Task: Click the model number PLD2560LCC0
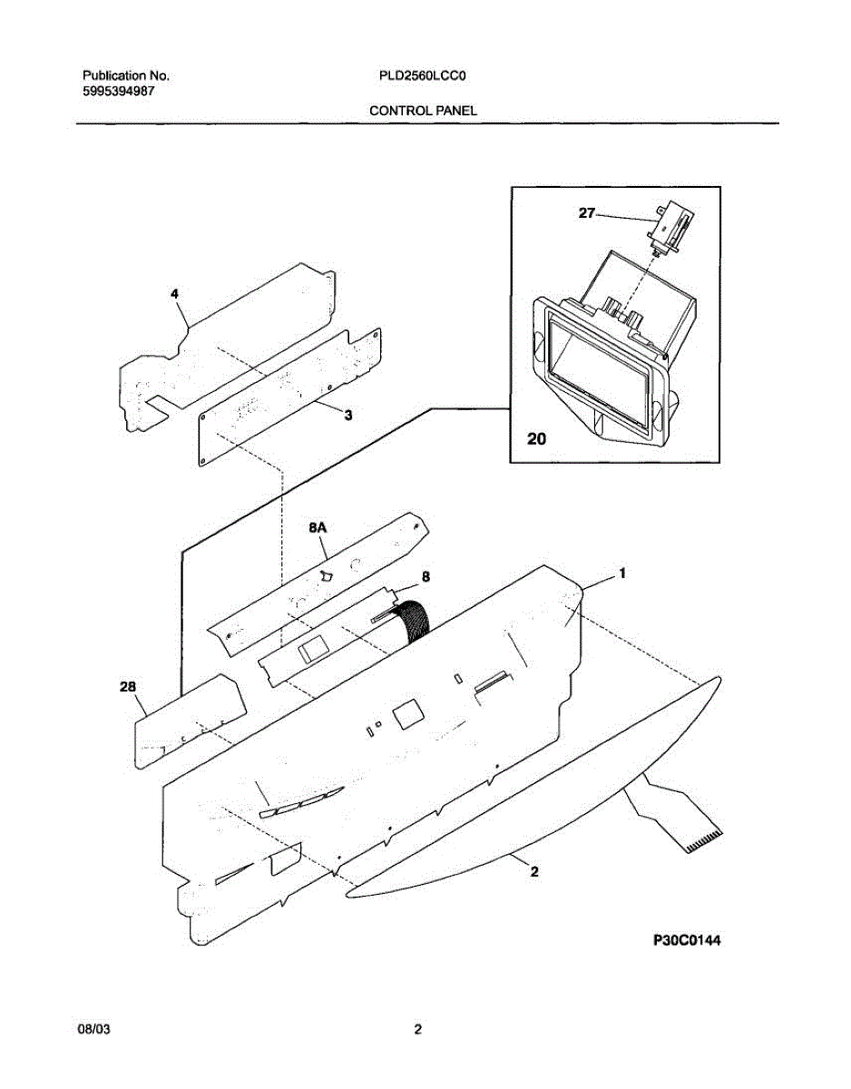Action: [x=422, y=77]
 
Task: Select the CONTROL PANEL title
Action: [x=423, y=110]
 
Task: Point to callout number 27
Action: [x=587, y=212]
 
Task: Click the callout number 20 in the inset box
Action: [x=537, y=439]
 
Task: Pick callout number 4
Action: [x=174, y=294]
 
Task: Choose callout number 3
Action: [x=347, y=415]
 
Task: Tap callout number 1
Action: [x=622, y=573]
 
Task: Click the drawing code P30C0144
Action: [x=687, y=941]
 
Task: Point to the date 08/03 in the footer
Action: [x=94, y=1029]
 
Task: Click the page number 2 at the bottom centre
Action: [x=417, y=1029]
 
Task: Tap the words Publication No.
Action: [x=125, y=77]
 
